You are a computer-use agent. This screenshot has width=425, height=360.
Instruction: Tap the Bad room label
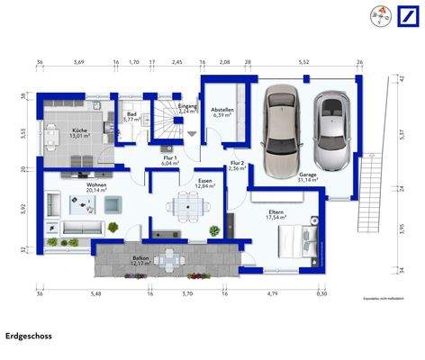point(131,116)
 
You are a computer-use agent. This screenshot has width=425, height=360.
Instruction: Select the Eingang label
point(188,108)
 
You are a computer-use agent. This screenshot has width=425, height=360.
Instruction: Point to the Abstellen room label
point(224,112)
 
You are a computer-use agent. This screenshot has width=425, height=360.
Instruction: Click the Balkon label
point(141,259)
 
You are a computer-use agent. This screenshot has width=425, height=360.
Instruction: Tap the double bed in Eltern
point(296,240)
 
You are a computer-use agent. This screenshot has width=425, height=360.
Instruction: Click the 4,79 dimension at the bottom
point(271,293)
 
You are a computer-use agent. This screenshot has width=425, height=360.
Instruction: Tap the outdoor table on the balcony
point(168,261)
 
